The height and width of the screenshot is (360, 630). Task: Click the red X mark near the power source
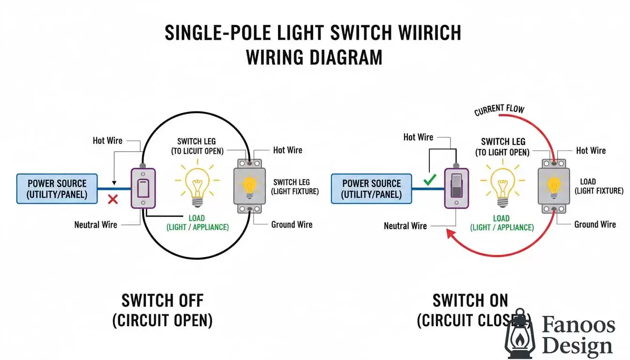tap(112, 199)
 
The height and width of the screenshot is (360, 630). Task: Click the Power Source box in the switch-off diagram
tap(57, 189)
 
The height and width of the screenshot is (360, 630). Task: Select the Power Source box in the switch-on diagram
tap(371, 189)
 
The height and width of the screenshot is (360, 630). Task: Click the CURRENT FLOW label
tap(499, 110)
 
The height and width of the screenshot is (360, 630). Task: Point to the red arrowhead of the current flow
tap(451, 233)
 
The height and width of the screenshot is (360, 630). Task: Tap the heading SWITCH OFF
tap(162, 300)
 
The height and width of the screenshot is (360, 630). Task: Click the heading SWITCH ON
tap(470, 300)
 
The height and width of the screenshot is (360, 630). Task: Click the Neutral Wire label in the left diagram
tap(95, 225)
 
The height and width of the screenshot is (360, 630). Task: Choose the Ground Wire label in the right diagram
tap(595, 224)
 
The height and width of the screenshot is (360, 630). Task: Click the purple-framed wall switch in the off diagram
tap(143, 188)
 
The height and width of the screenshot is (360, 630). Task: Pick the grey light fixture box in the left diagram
tap(249, 186)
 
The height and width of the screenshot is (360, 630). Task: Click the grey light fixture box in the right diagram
tap(554, 186)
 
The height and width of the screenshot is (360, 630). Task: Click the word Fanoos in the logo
tap(578, 325)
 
